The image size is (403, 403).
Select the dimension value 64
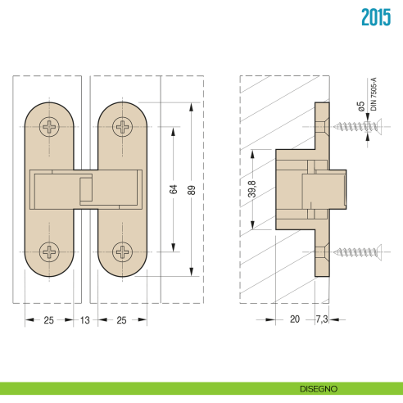click(x=174, y=189)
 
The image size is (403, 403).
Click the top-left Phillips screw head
click(x=50, y=127)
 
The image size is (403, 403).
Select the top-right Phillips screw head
click(x=123, y=127)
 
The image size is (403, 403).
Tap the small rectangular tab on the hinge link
click(x=85, y=190)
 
